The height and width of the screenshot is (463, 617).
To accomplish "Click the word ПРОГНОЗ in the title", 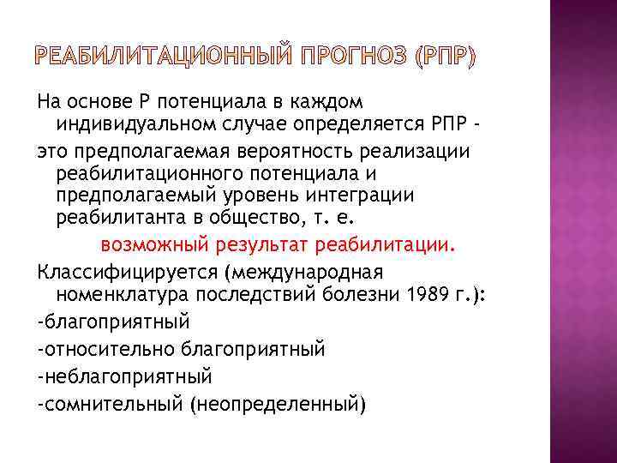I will click(350, 57).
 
